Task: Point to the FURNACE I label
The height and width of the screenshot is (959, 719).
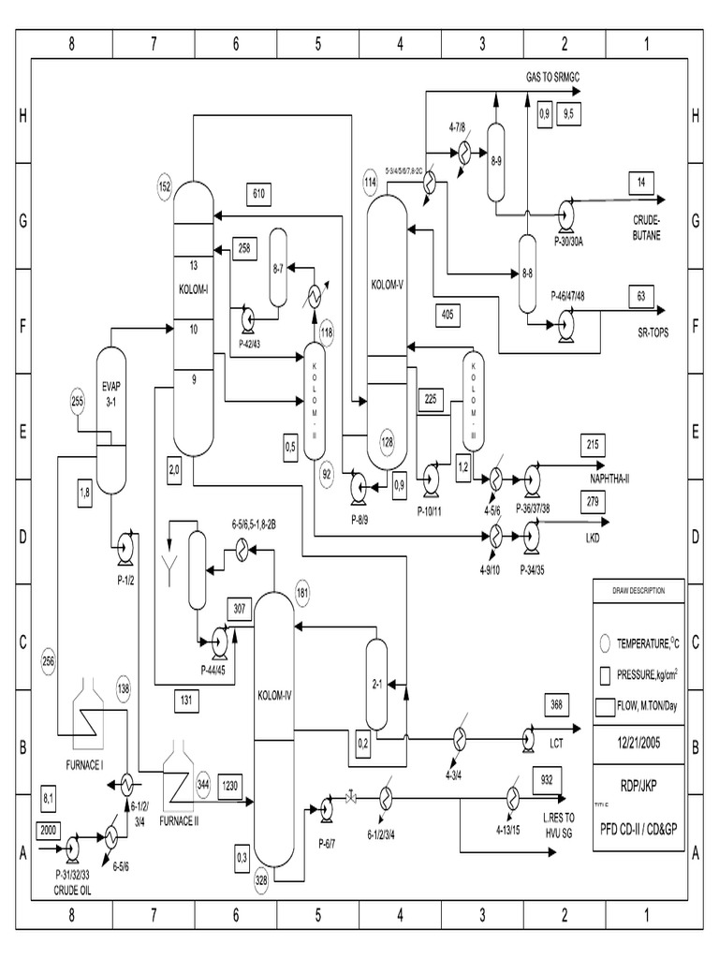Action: pos(83,764)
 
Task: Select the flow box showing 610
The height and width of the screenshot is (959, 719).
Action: pos(259,194)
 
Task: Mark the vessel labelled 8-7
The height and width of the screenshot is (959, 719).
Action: pos(278,269)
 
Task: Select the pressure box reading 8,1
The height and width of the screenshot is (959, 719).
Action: pos(51,798)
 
